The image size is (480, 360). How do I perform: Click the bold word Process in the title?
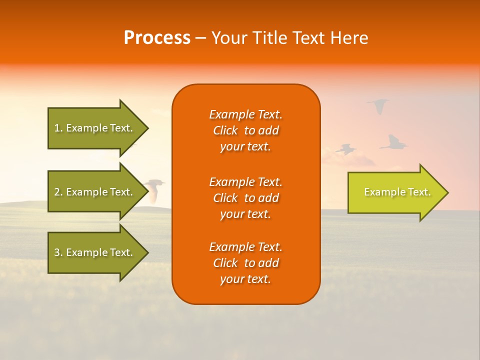pyautogui.click(x=157, y=38)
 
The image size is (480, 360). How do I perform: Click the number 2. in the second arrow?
pyautogui.click(x=58, y=192)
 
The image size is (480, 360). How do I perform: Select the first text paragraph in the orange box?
pyautogui.click(x=245, y=130)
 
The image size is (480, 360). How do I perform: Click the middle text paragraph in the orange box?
pyautogui.click(x=245, y=198)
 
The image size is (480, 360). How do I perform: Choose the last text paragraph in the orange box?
pyautogui.click(x=245, y=263)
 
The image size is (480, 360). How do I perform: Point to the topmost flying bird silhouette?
pyautogui.click(x=378, y=105)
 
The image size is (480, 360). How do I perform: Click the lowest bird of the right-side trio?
pyautogui.click(x=345, y=149)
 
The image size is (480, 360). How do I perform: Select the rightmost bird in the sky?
pyautogui.click(x=394, y=143)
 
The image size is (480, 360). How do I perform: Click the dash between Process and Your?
pyautogui.click(x=201, y=38)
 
